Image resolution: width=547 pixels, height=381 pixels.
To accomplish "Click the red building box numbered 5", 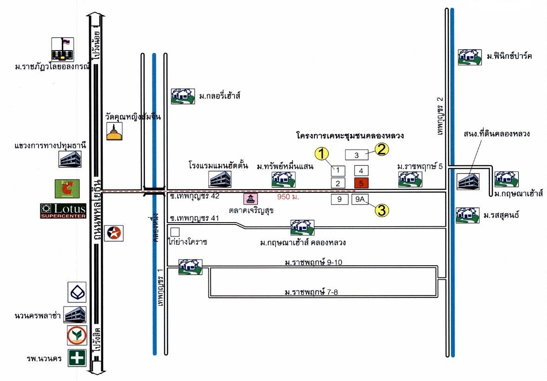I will (361, 183).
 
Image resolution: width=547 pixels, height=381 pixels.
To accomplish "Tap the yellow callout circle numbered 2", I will (382, 150).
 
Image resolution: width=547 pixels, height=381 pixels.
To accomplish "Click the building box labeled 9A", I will (361, 200).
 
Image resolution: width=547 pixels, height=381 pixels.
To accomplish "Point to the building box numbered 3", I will (356, 154).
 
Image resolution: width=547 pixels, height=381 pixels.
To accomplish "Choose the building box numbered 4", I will (361, 170).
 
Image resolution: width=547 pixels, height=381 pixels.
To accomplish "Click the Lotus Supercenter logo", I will (63, 210).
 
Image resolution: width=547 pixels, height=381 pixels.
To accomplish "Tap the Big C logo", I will (67, 189).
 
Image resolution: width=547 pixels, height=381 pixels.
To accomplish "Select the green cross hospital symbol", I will (77, 358).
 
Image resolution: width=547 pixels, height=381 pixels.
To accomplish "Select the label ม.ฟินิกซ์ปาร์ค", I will (509, 57).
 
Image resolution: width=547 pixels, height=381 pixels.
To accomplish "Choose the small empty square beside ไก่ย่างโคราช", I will (175, 231).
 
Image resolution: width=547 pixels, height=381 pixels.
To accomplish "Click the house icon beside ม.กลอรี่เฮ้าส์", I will (182, 96).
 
